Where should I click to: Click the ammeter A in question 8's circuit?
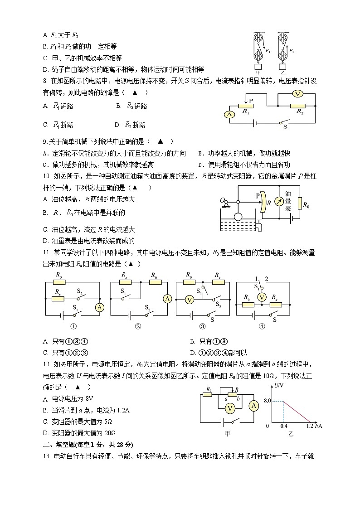(230, 115)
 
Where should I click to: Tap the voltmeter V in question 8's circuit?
(297, 94)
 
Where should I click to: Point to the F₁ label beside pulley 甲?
(268, 51)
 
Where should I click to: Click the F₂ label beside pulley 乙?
(292, 51)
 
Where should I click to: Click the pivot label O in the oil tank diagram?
(222, 200)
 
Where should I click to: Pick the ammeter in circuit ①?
(99, 308)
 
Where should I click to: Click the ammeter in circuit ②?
(167, 298)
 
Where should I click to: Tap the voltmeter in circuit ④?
(261, 297)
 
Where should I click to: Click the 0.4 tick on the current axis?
(284, 427)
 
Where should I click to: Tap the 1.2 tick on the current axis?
(310, 427)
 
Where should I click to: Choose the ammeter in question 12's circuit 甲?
(254, 405)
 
